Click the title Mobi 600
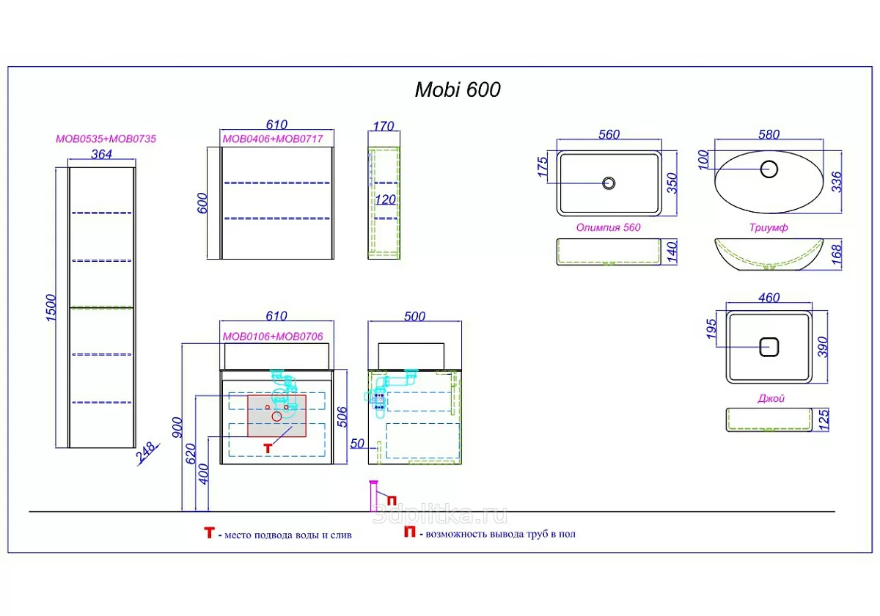click(458, 89)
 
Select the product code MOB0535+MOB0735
click(106, 138)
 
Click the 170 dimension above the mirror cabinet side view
click(384, 125)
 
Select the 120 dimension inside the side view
click(386, 199)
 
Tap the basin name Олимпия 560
click(608, 227)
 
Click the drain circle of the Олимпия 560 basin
click(609, 183)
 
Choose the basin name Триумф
click(769, 228)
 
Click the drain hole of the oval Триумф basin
click(769, 169)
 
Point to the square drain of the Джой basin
click(769, 346)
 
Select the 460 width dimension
click(769, 298)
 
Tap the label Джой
click(771, 398)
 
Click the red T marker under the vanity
click(269, 445)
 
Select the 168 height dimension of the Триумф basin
click(837, 254)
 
